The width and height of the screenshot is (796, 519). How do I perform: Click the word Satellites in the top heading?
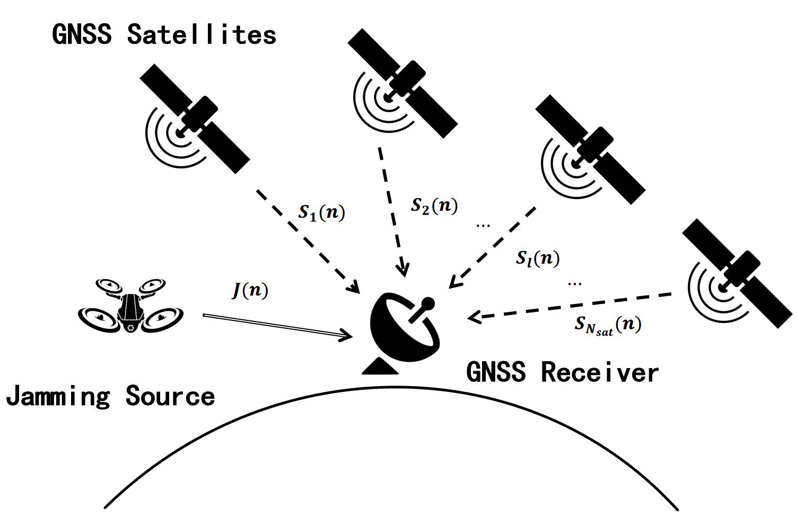coord(202,35)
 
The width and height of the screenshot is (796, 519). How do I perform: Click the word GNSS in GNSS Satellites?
coord(82,35)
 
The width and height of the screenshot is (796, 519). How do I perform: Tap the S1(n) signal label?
coord(322,212)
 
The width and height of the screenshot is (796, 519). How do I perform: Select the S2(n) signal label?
coord(434,205)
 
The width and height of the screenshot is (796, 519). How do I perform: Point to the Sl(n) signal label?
coord(538,258)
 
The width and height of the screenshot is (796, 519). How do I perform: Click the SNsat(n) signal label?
coord(608,325)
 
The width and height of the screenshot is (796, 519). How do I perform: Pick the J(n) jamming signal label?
coord(250,290)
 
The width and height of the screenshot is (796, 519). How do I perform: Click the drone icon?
coord(130,307)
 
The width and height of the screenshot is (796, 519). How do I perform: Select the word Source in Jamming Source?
coord(170,396)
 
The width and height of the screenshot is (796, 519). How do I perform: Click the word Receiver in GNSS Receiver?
coord(600,372)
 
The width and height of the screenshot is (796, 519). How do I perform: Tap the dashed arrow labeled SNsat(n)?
coord(570,306)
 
